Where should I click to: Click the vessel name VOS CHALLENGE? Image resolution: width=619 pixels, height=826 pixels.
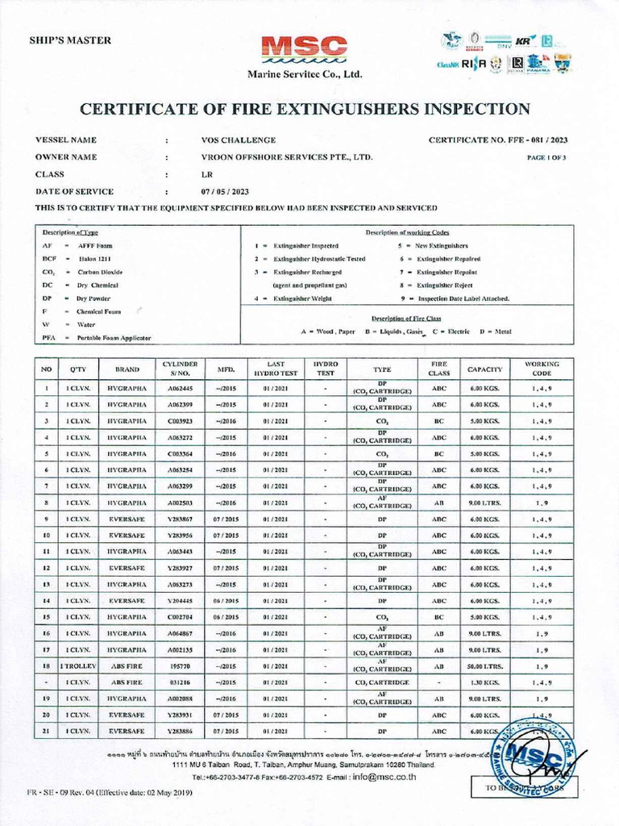click(239, 140)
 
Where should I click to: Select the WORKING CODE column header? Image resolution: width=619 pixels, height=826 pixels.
click(542, 369)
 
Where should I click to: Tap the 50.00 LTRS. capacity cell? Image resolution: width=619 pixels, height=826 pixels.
click(484, 666)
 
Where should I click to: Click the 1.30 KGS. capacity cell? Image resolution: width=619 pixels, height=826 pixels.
click(484, 682)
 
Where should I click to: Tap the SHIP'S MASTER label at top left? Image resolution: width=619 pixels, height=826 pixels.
click(70, 40)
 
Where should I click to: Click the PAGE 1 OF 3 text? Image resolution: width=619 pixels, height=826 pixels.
click(546, 158)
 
